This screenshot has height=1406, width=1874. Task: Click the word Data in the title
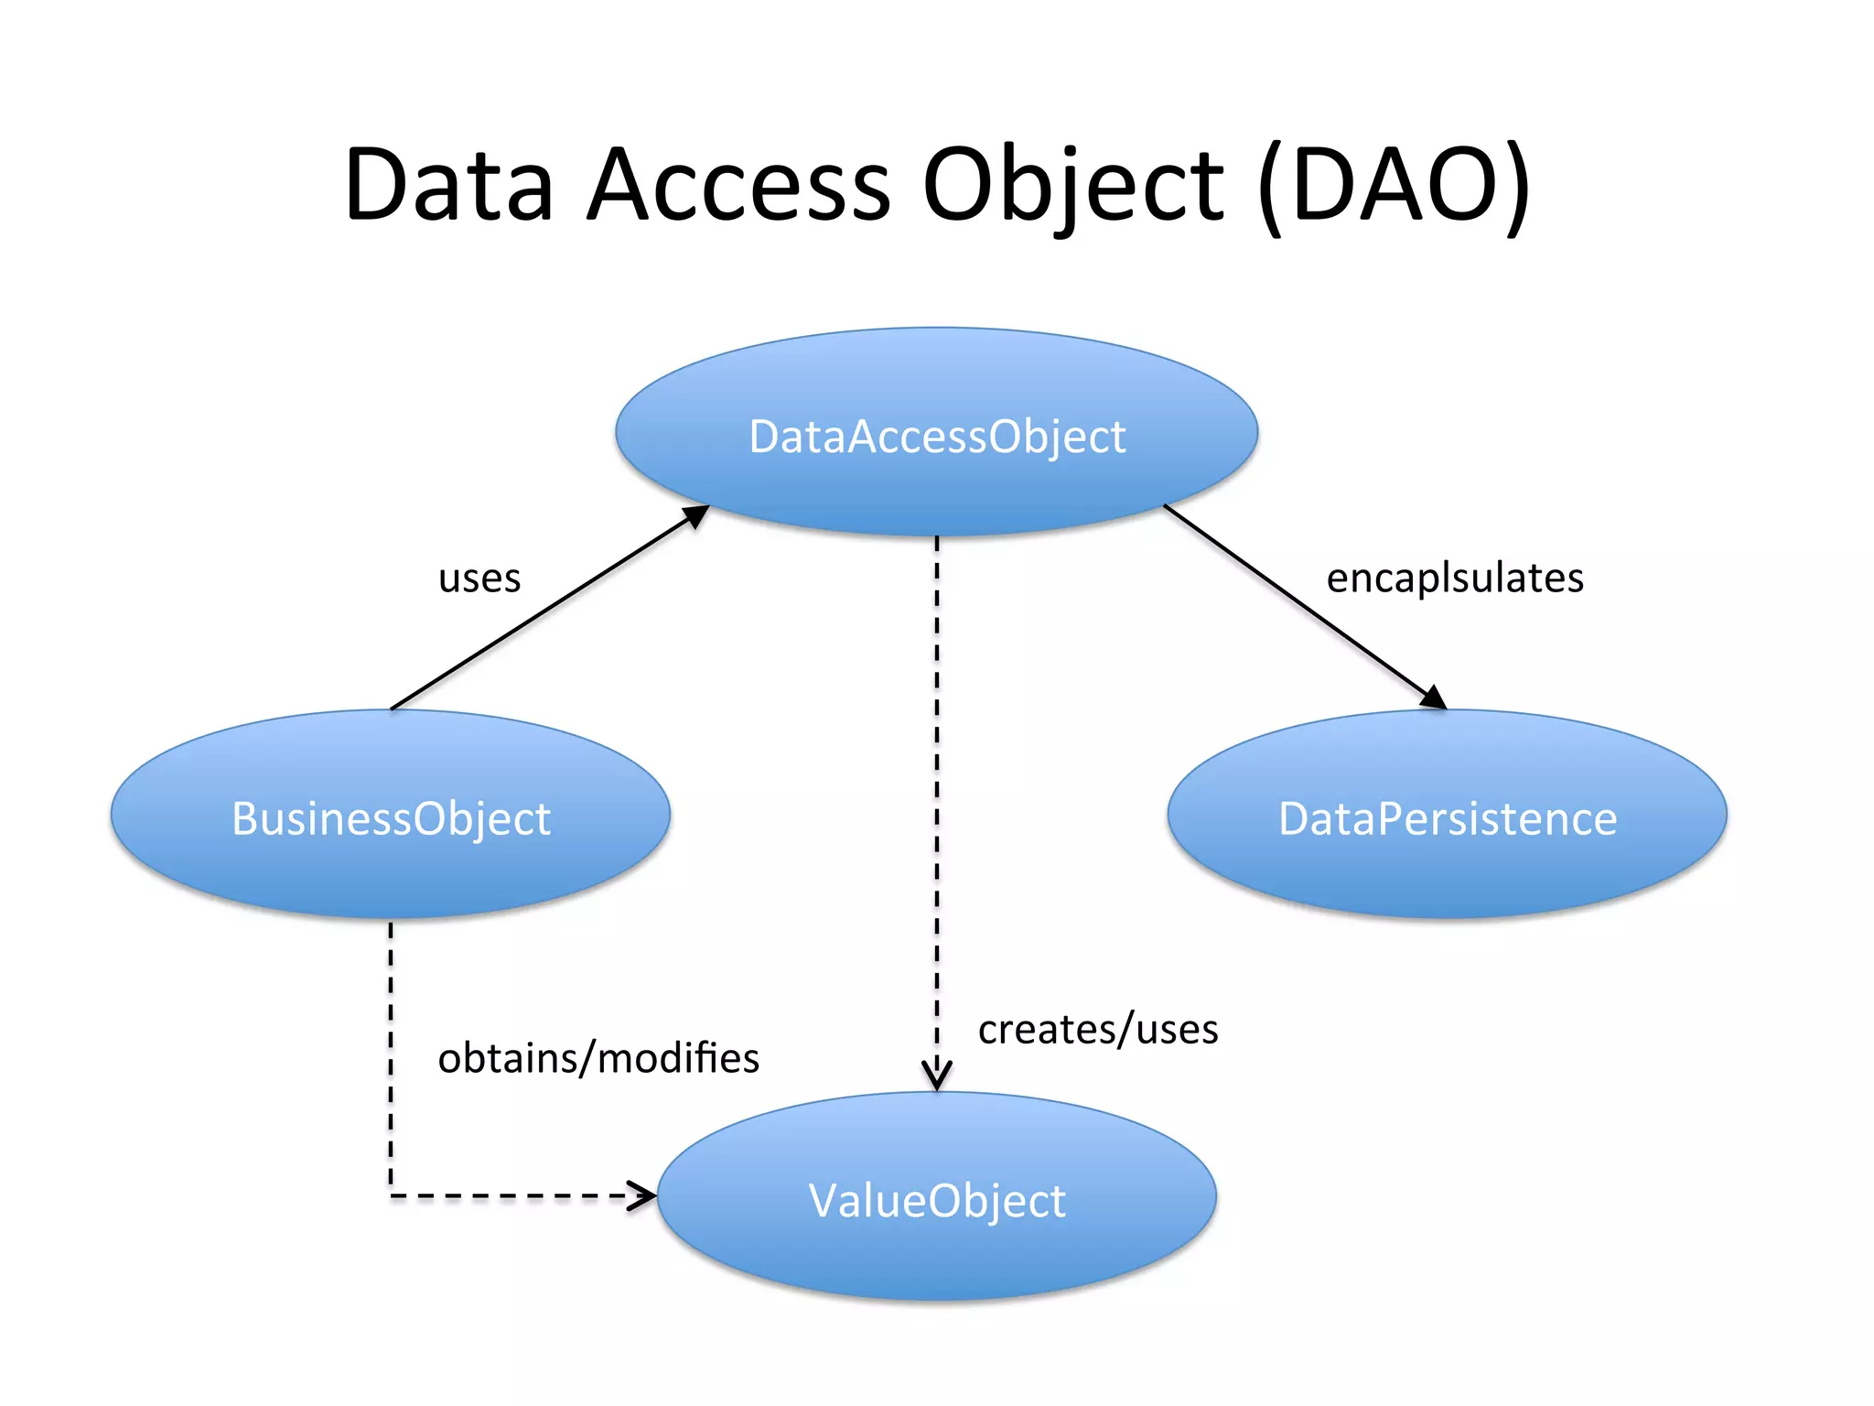pos(449,185)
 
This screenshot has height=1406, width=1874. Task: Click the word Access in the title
pos(738,185)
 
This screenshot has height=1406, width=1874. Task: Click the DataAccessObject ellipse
pos(937,432)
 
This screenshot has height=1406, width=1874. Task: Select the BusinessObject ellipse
pos(391,815)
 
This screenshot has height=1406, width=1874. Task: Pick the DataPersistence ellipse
pos(1447,815)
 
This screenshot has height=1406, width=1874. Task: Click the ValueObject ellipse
pos(937,1197)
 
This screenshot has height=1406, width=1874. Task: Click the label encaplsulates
pos(1454,578)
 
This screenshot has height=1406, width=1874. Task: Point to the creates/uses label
pos(1097,1030)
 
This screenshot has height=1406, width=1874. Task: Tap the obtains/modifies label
pos(598,1058)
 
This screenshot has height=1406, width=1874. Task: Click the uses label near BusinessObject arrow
pos(479,579)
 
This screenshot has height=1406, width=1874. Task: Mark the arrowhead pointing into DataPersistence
pos(1434,698)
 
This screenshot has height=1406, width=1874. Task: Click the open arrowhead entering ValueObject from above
pos(937,1076)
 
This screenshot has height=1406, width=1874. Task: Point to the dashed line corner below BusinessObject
pos(392,1195)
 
